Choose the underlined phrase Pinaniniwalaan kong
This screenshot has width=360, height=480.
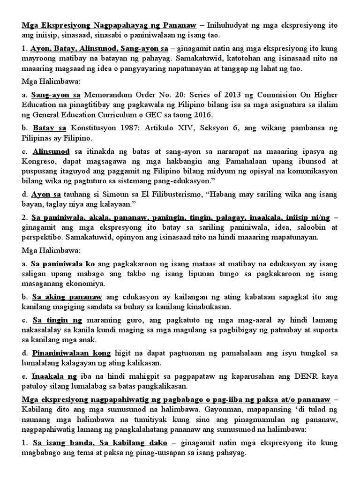click(x=71, y=352)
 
